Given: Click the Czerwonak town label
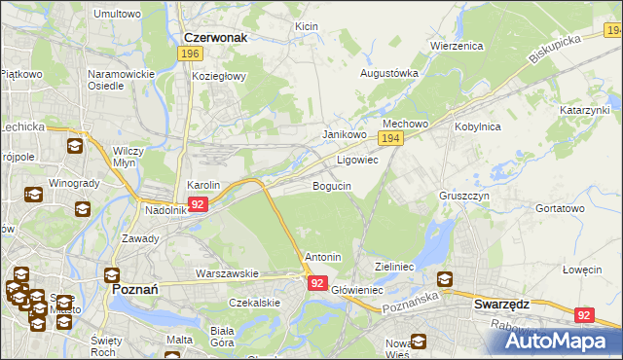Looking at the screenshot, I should (215, 38).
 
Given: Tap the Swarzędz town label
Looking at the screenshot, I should (501, 304).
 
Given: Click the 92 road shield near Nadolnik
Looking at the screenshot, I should (198, 204).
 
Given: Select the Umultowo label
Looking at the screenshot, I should (117, 15).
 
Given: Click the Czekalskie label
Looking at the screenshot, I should (254, 303).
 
